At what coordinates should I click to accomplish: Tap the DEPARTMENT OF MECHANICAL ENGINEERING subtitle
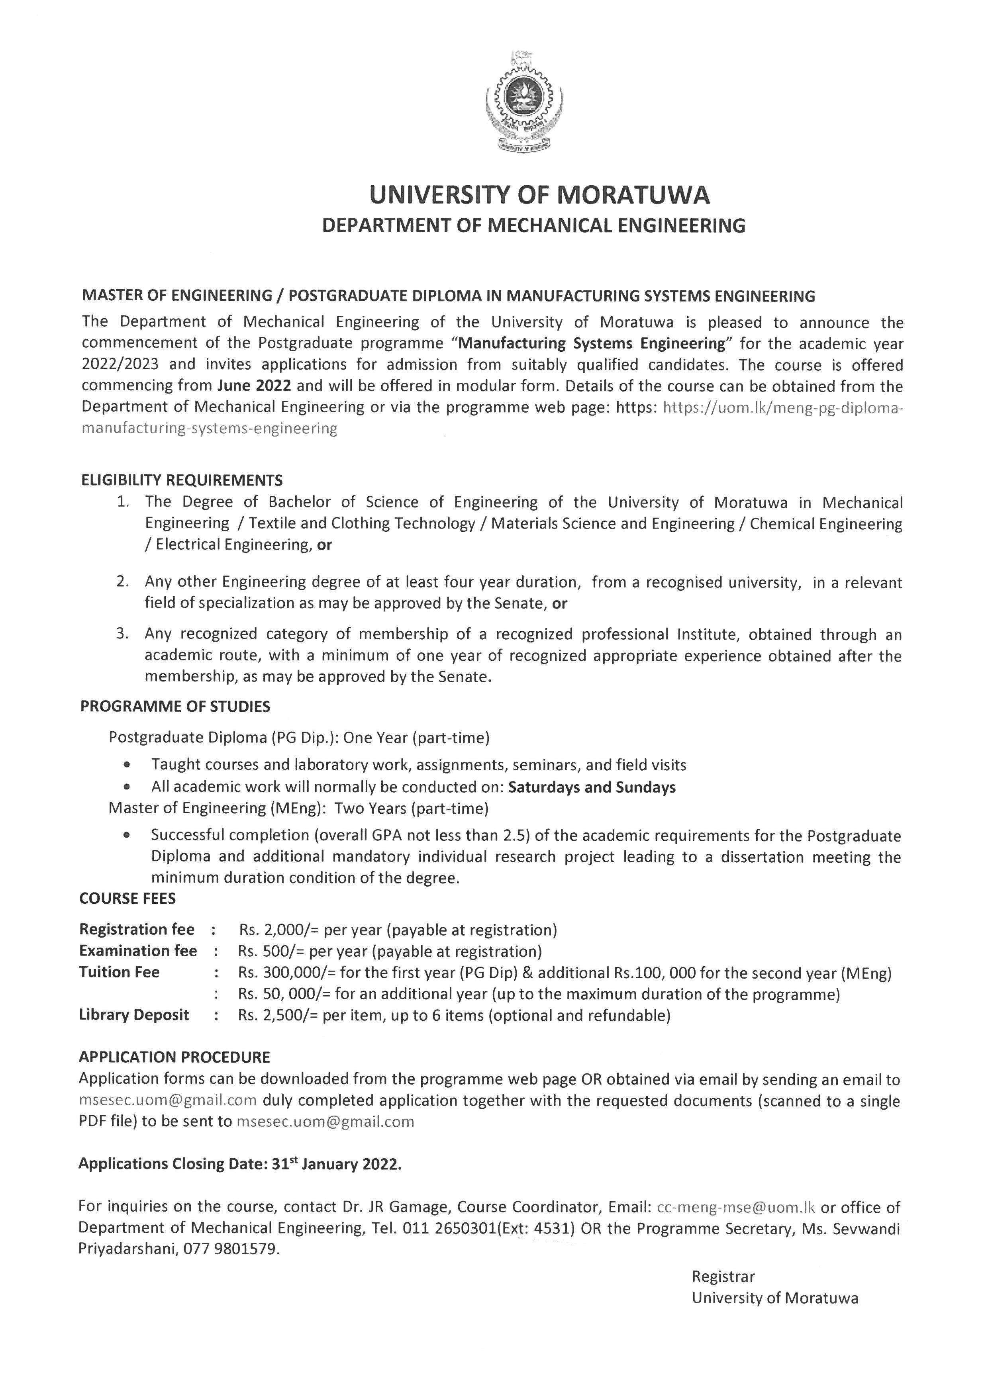coord(533,226)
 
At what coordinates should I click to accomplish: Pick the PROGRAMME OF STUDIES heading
coord(175,706)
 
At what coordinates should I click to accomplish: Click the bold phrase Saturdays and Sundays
coord(591,787)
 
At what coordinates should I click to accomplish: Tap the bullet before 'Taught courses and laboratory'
coord(127,765)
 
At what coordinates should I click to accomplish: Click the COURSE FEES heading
coord(127,899)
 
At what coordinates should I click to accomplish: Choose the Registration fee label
coord(137,930)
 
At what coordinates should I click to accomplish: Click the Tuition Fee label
coord(119,972)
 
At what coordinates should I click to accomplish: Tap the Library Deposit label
coord(134,1014)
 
